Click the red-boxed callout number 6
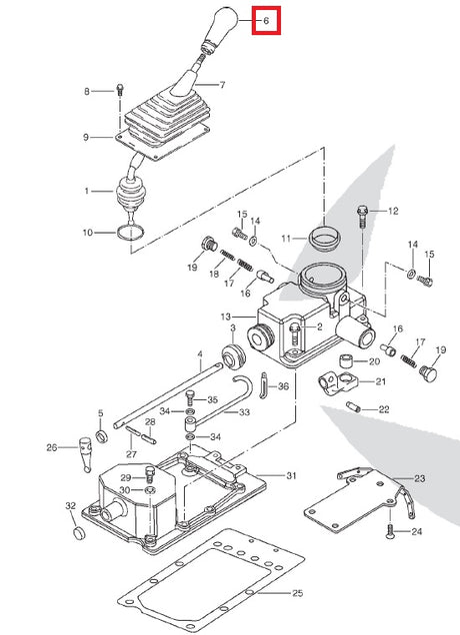266,20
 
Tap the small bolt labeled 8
120,89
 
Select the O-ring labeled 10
130,233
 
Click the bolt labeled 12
362,216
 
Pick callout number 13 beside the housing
226,317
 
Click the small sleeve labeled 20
346,360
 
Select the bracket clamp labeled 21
337,384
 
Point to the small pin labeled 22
353,406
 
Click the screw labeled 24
390,531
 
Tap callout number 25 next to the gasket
297,593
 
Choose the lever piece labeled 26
86,453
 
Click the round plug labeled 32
80,533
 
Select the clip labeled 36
264,385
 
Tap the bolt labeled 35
190,398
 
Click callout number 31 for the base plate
291,475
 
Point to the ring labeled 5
101,436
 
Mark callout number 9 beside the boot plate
86,138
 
